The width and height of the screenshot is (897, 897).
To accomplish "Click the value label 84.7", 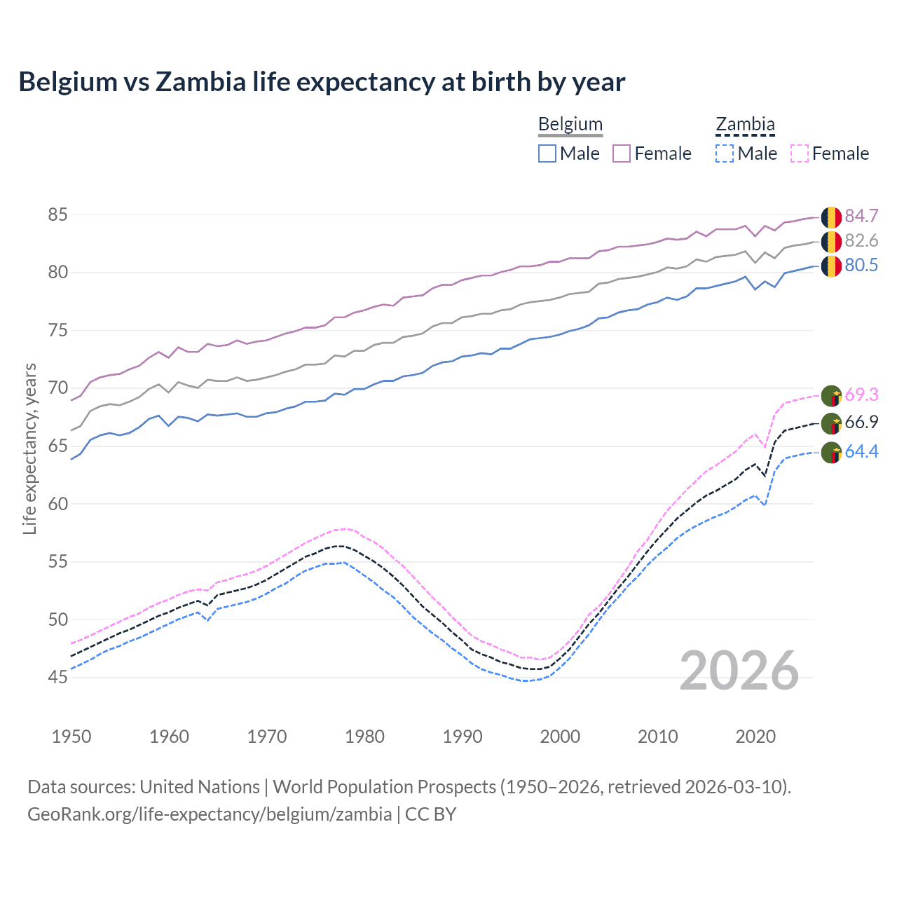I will [x=861, y=216].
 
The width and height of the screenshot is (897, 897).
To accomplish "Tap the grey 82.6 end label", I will [x=861, y=240].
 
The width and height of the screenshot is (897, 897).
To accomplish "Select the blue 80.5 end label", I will [x=861, y=265].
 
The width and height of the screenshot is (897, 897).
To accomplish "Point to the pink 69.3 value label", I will [x=861, y=395].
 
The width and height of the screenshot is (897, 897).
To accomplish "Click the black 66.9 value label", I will [x=861, y=422].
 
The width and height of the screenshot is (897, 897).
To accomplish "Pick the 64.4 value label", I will [x=861, y=451].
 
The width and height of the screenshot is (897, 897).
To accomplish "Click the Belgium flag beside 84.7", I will [x=831, y=217].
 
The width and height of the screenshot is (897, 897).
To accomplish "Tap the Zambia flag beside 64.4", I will [x=831, y=453].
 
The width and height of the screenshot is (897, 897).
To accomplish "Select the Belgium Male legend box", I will [x=547, y=153].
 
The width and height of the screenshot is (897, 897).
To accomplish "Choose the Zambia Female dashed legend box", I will [x=800, y=153].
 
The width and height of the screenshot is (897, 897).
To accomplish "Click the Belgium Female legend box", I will [x=622, y=153].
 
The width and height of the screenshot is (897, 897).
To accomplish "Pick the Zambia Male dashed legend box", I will [x=725, y=153].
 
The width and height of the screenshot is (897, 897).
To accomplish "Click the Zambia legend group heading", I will [x=745, y=125].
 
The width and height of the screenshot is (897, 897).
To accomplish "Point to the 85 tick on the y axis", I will [x=57, y=214].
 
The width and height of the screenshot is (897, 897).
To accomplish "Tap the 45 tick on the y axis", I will [x=57, y=677].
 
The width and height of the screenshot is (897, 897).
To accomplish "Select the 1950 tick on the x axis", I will [x=71, y=737].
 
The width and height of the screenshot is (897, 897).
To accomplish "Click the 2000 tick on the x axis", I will [x=560, y=737].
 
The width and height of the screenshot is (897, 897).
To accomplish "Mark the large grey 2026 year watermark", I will [x=739, y=671].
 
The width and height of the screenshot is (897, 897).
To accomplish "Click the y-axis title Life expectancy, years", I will [x=29, y=448].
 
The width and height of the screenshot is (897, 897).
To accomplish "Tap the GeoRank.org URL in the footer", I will [x=210, y=814].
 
